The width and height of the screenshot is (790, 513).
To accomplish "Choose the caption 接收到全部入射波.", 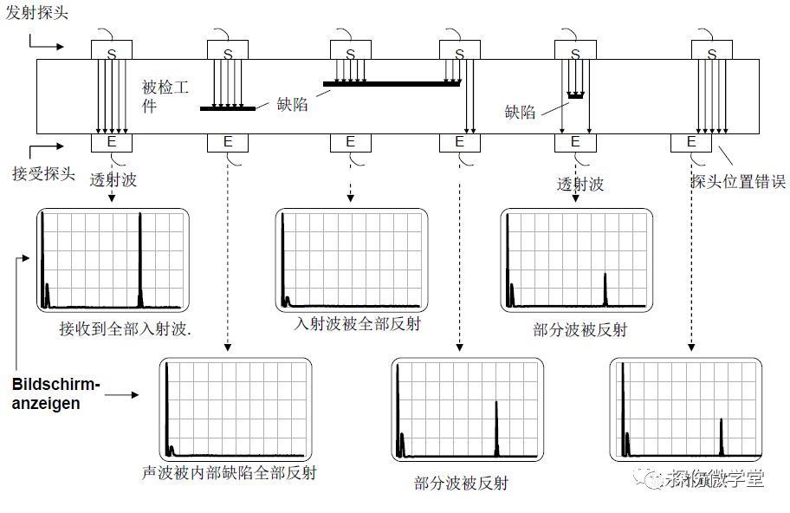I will pos(125,328).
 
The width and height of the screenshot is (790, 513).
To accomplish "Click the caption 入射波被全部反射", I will pos(350,323).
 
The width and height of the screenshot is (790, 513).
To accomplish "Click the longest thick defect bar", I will pos(392,84).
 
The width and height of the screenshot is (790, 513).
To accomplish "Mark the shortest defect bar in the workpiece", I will pos(575,94).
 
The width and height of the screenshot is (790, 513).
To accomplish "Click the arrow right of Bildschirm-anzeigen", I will pos(121,395).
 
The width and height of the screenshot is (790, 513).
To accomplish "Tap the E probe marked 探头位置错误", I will pos(690,141).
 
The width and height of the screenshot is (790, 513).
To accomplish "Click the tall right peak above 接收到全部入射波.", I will pos(140,260).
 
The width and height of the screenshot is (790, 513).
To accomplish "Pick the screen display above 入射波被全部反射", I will pos(352,259).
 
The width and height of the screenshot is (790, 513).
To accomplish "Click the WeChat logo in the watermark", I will pos(647,477).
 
